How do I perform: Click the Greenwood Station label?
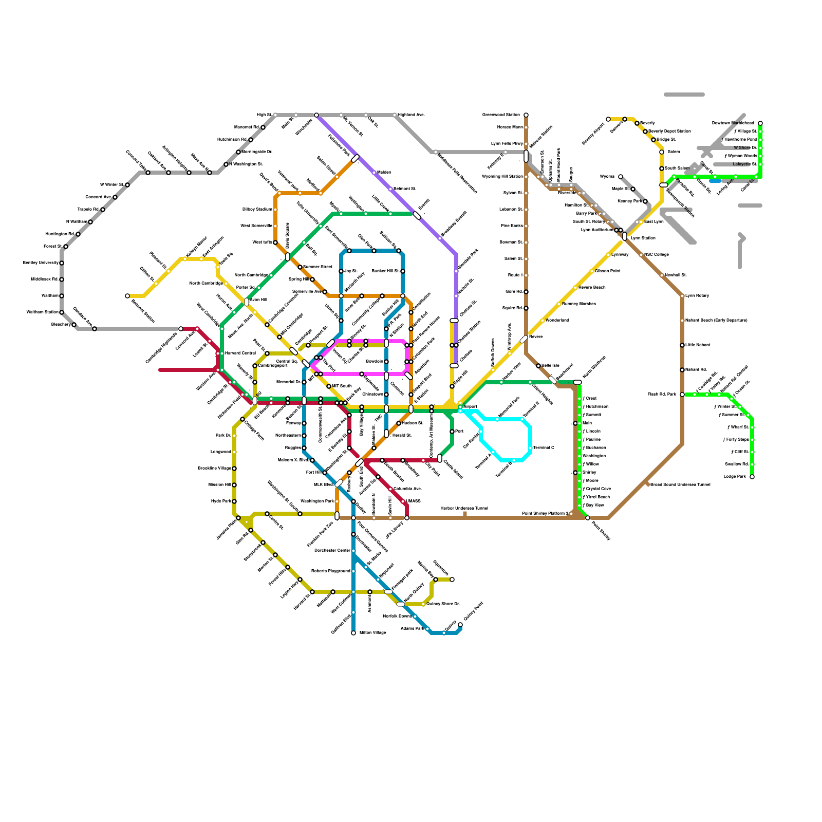(501, 115)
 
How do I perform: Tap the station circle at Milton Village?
(353, 633)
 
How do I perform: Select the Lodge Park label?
(735, 477)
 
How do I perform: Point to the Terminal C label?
(544, 448)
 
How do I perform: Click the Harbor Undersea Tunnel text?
(464, 509)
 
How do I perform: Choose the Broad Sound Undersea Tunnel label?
(680, 485)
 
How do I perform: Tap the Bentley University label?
(41, 263)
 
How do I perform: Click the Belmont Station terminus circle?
(127, 296)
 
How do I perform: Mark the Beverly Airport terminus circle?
(608, 119)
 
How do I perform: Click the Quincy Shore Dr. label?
(443, 604)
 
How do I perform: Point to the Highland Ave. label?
(411, 115)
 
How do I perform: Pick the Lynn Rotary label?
(697, 296)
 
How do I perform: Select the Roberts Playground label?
(330, 571)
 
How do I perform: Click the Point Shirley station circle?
(588, 518)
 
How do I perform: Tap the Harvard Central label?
(240, 353)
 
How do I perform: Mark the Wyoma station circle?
(621, 177)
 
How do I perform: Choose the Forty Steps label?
(736, 440)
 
